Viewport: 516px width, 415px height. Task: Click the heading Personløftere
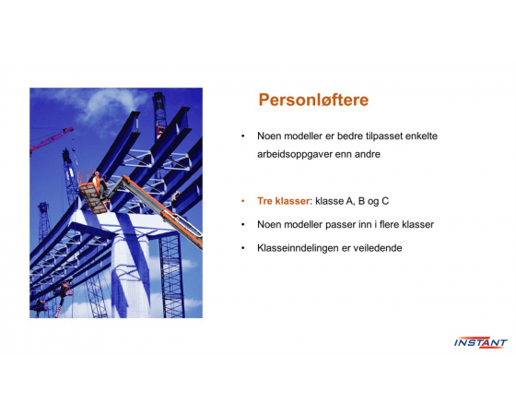[x=313, y=101]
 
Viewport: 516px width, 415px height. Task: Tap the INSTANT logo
[x=480, y=342]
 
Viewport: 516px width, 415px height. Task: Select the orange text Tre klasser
[x=284, y=201]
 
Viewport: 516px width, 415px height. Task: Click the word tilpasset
[x=384, y=136]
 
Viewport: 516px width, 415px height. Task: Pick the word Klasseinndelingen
[x=298, y=248]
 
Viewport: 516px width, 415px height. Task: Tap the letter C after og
[x=385, y=201]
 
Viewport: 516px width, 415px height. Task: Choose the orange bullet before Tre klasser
[x=243, y=201]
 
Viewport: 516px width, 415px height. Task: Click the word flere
[x=389, y=225]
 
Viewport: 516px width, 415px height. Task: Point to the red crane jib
[x=52, y=139]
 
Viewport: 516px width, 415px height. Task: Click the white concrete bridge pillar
[x=130, y=277]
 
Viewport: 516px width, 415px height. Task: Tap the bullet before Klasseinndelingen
[x=243, y=248]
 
